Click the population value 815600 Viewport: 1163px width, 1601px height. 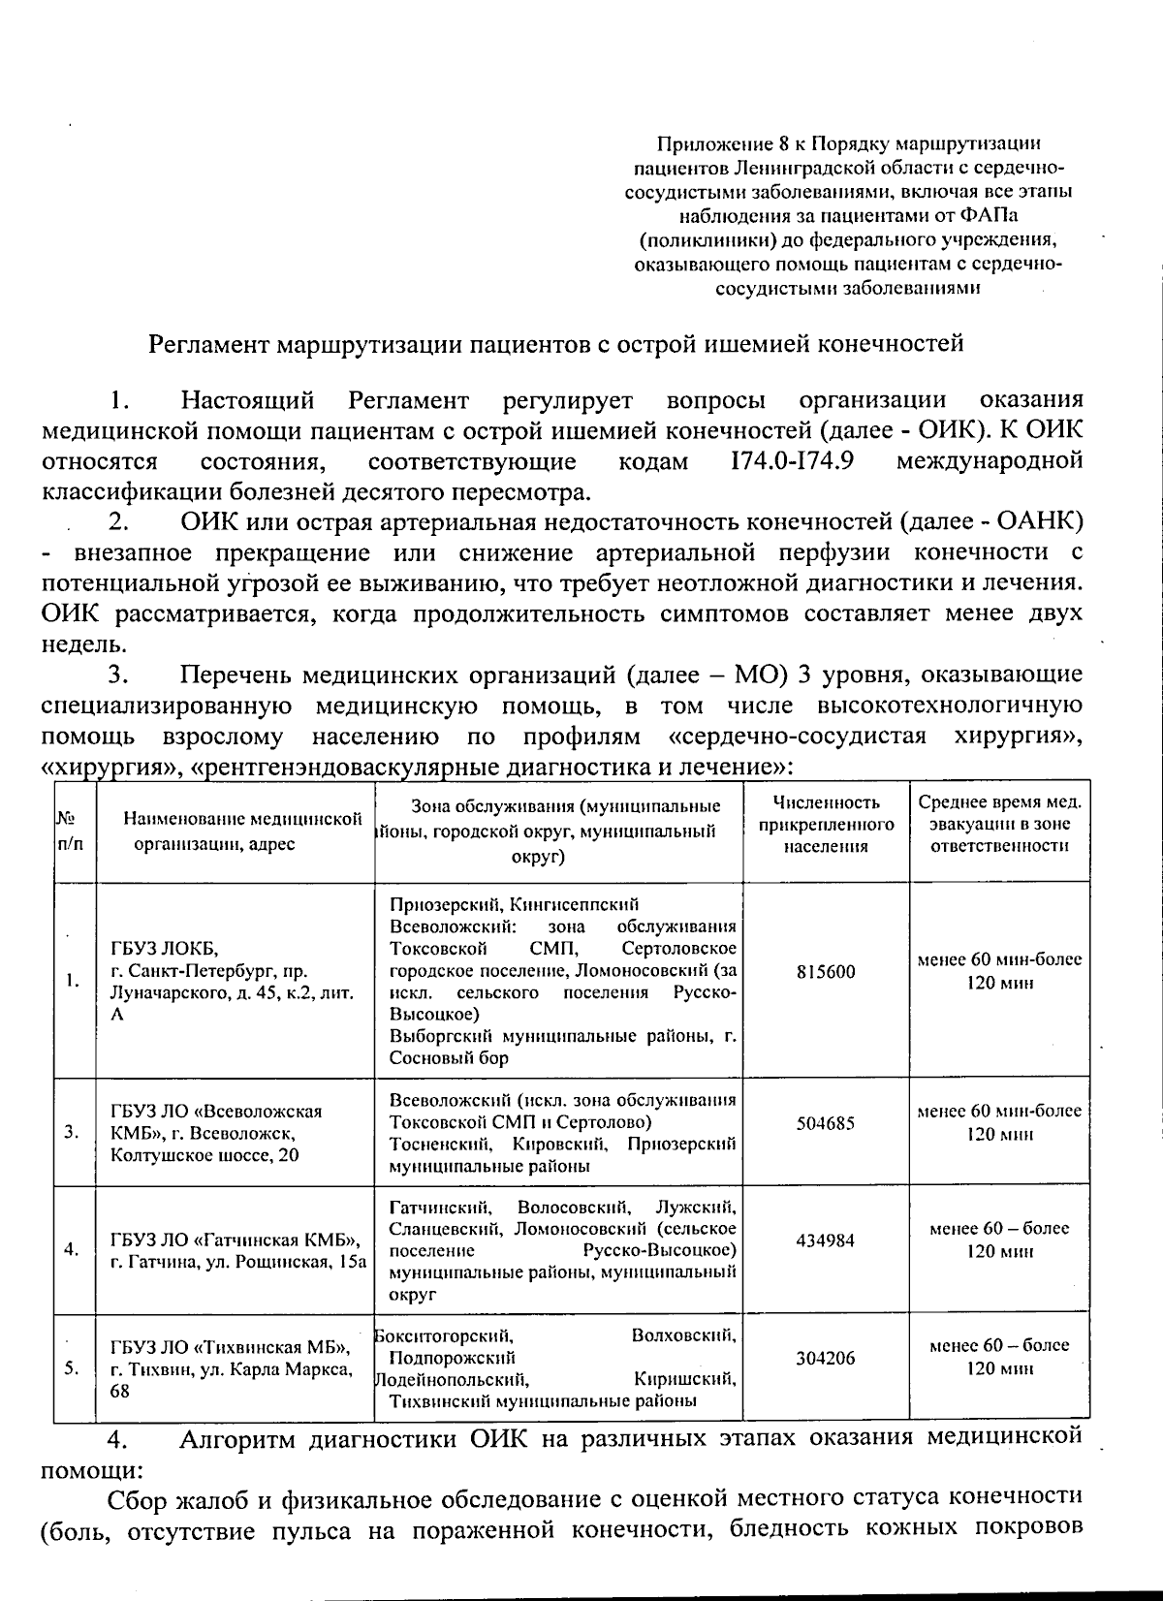point(826,971)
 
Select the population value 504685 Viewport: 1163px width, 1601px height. point(826,1123)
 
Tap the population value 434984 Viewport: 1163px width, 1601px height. point(826,1240)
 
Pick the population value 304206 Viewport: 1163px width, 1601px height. point(826,1358)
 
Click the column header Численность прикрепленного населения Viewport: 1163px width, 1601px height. point(826,825)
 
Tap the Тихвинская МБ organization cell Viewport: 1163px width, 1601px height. point(231,1368)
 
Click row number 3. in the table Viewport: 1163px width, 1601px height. point(72,1131)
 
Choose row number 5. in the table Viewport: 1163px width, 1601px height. point(72,1368)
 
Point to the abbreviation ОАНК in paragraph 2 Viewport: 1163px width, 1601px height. point(1039,521)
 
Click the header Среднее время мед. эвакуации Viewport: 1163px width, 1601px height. point(999,825)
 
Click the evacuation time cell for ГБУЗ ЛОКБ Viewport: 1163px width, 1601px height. point(999,971)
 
